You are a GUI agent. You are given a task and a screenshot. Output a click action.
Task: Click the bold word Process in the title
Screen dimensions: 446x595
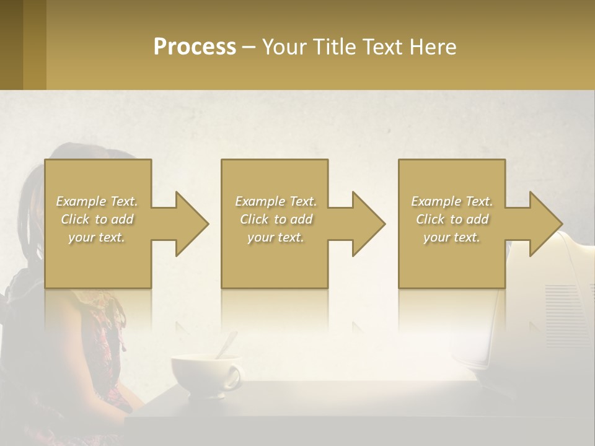[x=195, y=47]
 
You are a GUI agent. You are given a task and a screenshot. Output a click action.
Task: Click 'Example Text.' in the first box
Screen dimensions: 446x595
[x=97, y=201]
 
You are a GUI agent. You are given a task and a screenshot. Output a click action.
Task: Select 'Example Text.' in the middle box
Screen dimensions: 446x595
[x=276, y=201]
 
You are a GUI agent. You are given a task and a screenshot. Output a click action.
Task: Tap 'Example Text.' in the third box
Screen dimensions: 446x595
[x=452, y=201]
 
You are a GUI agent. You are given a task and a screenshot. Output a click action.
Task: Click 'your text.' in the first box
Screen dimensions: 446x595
[x=97, y=237]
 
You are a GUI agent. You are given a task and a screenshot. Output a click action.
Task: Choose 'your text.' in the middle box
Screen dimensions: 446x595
[x=276, y=237]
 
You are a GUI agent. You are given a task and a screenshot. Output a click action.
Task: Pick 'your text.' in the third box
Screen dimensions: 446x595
[x=452, y=237]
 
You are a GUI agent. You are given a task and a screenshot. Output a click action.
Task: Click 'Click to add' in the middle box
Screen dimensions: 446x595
[x=276, y=219]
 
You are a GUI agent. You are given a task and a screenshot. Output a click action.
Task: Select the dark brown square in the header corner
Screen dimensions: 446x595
[x=11, y=45]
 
